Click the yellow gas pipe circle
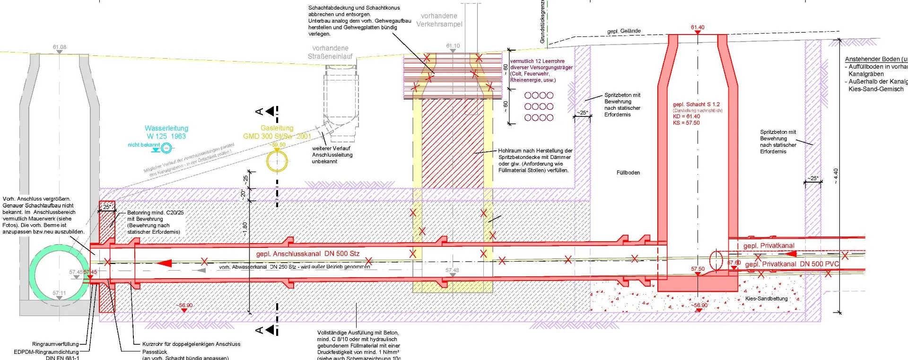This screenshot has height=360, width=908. pyautogui.click(x=277, y=162)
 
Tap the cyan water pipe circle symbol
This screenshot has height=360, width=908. pyautogui.click(x=166, y=149)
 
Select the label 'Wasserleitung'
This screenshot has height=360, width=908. pyautogui.click(x=166, y=128)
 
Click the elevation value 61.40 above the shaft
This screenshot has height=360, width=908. pyautogui.click(x=698, y=27)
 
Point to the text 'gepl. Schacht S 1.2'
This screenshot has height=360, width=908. pyautogui.click(x=696, y=105)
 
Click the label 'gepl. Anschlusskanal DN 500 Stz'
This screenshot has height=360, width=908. pyautogui.click(x=308, y=254)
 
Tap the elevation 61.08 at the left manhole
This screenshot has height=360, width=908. pyautogui.click(x=60, y=47)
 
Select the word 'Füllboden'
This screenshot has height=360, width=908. pyautogui.click(x=628, y=173)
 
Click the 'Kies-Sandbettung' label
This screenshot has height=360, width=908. pyautogui.click(x=766, y=299)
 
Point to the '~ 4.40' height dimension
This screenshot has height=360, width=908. pyautogui.click(x=836, y=176)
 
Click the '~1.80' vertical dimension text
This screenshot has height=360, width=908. pyautogui.click(x=244, y=229)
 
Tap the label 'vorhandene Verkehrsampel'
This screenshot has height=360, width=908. pyautogui.click(x=439, y=20)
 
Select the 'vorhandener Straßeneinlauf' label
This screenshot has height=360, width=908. pyautogui.click(x=330, y=52)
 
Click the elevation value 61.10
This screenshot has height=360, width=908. pyautogui.click(x=453, y=46)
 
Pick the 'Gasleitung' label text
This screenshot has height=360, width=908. pyautogui.click(x=277, y=128)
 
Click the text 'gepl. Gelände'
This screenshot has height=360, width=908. pyautogui.click(x=624, y=31)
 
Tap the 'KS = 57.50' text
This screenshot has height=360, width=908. pyautogui.click(x=686, y=123)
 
